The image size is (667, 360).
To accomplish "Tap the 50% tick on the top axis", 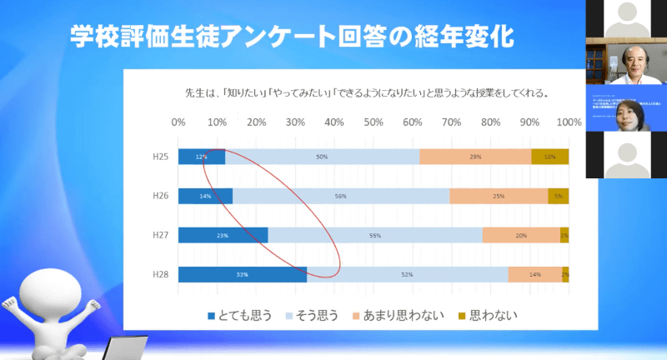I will click(x=374, y=122).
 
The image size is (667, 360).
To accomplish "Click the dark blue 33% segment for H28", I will click(x=242, y=273).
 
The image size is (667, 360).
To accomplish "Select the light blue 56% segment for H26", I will click(x=341, y=196).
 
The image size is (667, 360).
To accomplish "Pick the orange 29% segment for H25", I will click(x=475, y=157).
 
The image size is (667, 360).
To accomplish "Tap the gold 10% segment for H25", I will click(x=550, y=157).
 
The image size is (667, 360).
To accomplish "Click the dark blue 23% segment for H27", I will click(x=223, y=235).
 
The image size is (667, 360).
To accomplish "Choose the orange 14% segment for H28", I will click(x=534, y=273).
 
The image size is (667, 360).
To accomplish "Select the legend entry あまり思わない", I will click(x=401, y=315).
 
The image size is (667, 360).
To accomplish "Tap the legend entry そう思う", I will click(x=316, y=315).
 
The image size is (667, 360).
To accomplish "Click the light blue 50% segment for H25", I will click(x=322, y=157).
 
